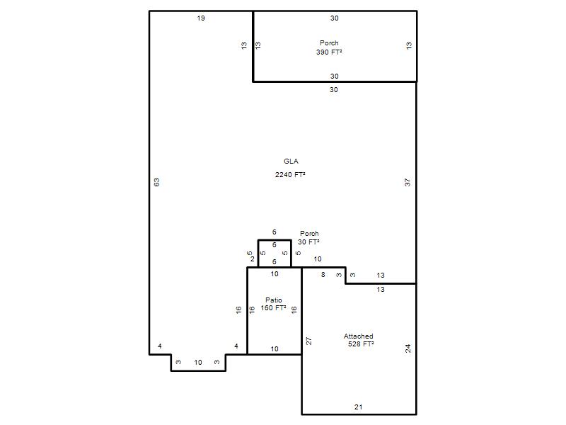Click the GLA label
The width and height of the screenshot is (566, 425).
291,161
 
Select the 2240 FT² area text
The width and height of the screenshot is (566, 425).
290,174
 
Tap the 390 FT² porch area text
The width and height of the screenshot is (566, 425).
329,52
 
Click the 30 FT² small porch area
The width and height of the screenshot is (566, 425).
308,242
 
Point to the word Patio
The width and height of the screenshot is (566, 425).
274,300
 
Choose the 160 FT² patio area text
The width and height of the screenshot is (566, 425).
274,308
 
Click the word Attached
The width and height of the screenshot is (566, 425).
359,336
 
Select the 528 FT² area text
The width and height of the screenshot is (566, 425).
361,344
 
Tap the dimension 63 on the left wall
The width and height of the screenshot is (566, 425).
156,183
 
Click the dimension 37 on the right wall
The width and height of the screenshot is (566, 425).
408,183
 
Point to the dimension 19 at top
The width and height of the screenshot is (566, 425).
201,18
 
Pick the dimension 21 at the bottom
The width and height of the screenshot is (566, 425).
359,407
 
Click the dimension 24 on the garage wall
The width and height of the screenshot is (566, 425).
408,348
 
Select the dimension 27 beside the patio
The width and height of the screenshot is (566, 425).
308,341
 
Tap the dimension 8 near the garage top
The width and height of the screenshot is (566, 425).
323,275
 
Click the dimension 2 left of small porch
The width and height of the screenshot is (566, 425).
253,259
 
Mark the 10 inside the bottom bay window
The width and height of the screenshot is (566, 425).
198,363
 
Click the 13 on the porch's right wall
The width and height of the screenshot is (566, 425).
409,45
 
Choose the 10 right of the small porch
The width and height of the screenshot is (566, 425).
318,259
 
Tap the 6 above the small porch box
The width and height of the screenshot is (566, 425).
275,232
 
